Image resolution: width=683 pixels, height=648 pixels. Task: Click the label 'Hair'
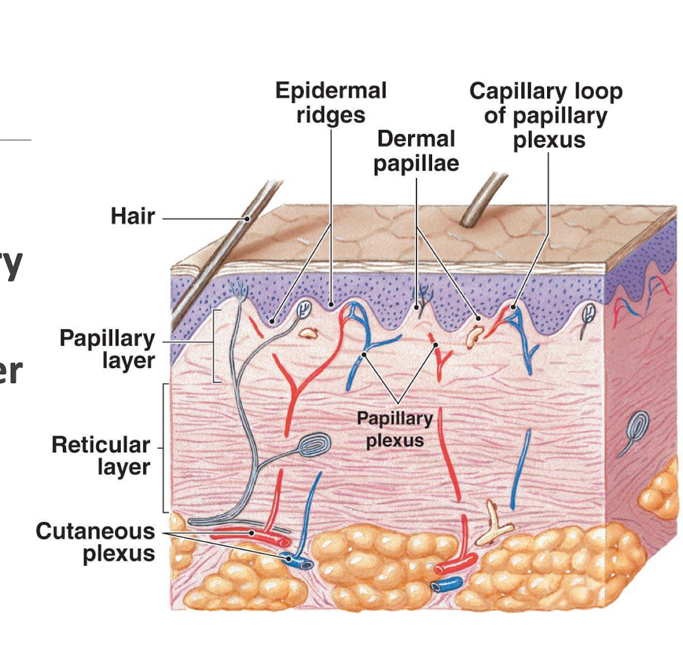tap(133, 216)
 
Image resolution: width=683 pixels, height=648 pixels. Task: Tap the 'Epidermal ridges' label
tap(331, 103)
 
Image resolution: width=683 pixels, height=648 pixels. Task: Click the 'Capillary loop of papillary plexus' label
tap(545, 115)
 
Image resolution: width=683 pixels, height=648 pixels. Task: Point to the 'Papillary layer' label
tap(107, 349)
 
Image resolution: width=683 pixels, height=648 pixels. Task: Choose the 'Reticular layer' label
tap(101, 455)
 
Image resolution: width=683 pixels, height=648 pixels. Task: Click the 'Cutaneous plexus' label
tap(95, 542)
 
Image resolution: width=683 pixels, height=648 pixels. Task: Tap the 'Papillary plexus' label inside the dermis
tap(394, 429)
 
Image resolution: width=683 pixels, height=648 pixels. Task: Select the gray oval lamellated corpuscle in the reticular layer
tap(314, 446)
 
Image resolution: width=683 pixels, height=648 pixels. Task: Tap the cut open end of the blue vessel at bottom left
tap(306, 564)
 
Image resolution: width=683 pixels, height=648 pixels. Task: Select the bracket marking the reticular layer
tap(165, 448)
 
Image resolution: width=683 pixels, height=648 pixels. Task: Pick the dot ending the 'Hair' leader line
tap(248, 219)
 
